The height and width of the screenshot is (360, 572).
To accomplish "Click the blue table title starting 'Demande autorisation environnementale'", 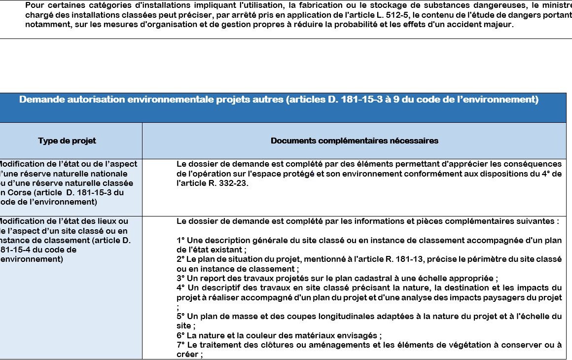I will [279, 100].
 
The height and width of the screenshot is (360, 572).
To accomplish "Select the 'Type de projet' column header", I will [67, 141].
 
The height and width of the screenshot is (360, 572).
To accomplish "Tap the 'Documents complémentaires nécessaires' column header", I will [354, 141].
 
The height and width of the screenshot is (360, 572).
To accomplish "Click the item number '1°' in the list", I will [180, 240].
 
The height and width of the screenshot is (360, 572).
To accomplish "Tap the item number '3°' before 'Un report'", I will [180, 278].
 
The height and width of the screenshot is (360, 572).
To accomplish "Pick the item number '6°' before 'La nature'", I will [180, 335].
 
